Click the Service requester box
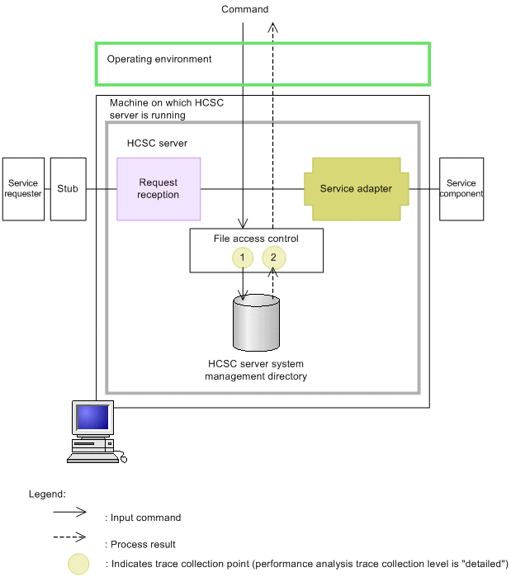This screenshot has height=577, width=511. point(23,189)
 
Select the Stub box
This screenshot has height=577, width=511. point(68,189)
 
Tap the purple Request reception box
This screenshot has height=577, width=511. point(159,189)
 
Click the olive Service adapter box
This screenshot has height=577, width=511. point(356,189)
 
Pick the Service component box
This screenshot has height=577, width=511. point(461,189)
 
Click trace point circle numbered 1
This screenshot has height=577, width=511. point(243,258)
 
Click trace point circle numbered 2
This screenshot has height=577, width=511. point(274,258)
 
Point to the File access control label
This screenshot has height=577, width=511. point(256,239)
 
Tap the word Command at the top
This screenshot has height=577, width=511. point(245,9)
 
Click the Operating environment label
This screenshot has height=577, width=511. point(159,59)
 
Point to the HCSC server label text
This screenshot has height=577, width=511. point(157,143)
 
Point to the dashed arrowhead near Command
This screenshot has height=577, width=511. point(274,26)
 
